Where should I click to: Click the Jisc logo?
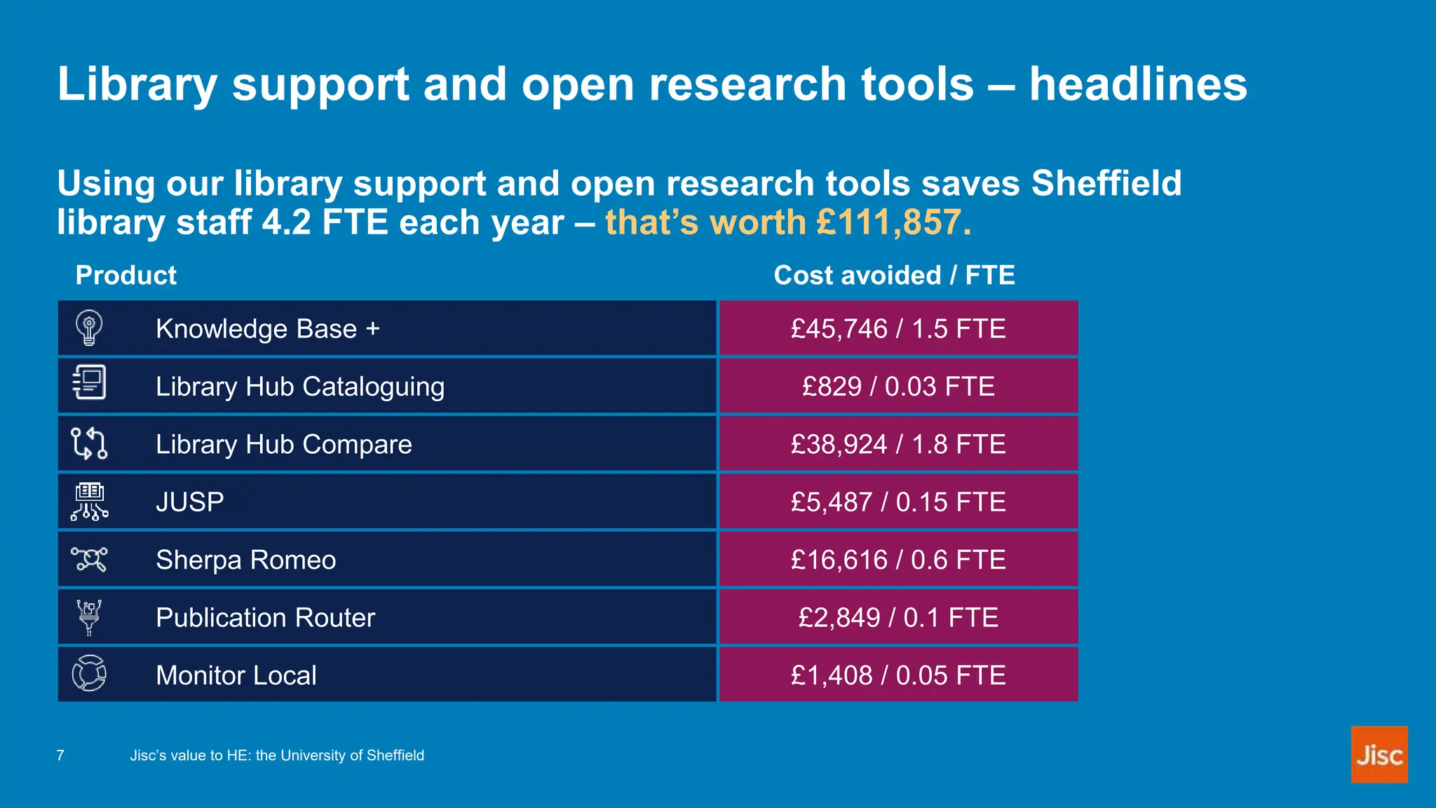[1379, 755]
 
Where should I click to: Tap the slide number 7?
[60, 755]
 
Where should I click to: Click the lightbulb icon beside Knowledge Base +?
[89, 328]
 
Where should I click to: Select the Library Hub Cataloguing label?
[299, 386]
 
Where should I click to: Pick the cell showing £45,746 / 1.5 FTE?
[898, 328]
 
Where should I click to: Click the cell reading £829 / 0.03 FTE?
[898, 386]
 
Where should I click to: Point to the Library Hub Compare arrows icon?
[89, 443]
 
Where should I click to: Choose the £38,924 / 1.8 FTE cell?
[898, 444]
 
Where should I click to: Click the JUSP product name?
[189, 502]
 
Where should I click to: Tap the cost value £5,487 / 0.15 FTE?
[898, 502]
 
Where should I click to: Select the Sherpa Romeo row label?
[245, 560]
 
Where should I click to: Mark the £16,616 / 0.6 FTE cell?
[898, 560]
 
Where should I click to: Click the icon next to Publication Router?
[89, 617]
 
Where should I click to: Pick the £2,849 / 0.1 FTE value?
[898, 617]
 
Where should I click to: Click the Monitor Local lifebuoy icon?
[89, 673]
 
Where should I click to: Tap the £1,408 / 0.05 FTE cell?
[898, 675]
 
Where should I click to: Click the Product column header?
[126, 275]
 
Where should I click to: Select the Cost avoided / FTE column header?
[894, 275]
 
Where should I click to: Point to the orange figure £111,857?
[889, 222]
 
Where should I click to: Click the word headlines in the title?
[1138, 84]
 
